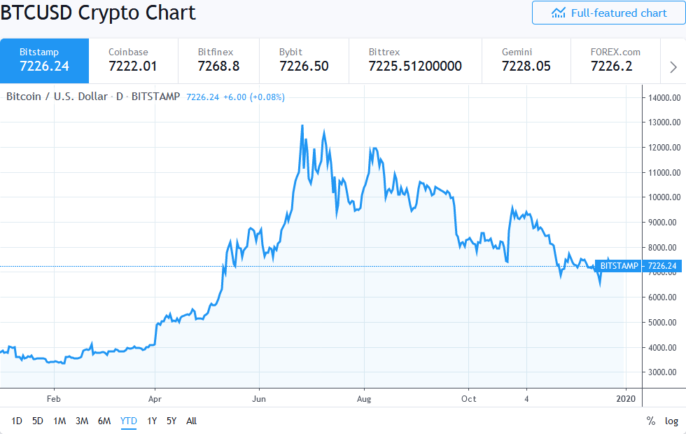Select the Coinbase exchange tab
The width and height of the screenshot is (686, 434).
[133, 60]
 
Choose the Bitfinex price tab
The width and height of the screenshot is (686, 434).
[218, 60]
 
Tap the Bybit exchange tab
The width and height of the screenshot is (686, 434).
[303, 60]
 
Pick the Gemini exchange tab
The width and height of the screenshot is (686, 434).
[526, 60]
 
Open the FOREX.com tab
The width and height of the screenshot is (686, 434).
[615, 60]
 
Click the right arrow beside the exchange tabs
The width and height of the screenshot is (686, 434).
[673, 67]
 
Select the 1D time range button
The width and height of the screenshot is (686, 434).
[17, 421]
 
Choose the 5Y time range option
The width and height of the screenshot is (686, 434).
[171, 421]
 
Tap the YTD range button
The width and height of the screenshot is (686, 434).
[129, 421]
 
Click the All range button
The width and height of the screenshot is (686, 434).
[191, 421]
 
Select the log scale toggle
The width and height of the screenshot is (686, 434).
[671, 421]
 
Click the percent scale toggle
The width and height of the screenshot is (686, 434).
[651, 421]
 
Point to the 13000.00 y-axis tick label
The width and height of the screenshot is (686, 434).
[664, 122]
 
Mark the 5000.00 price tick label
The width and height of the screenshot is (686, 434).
[664, 323]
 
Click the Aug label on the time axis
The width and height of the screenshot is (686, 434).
[363, 399]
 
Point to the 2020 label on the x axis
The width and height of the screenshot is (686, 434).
[625, 399]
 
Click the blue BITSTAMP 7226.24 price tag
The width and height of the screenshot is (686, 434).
[638, 266]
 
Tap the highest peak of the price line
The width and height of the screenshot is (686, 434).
[302, 126]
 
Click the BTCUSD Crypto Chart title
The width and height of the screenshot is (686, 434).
[98, 13]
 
